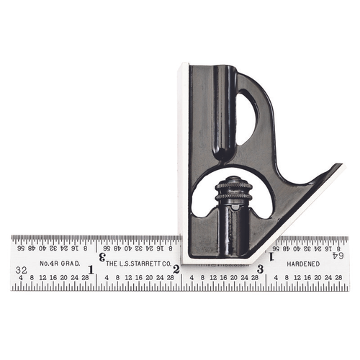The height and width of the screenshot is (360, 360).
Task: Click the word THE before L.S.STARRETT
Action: point(113,264)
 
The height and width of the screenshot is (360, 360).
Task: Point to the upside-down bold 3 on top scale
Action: point(102,256)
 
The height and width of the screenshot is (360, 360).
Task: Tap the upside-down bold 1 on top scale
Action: point(271,256)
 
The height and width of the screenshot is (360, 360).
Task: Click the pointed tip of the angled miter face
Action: point(340,167)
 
